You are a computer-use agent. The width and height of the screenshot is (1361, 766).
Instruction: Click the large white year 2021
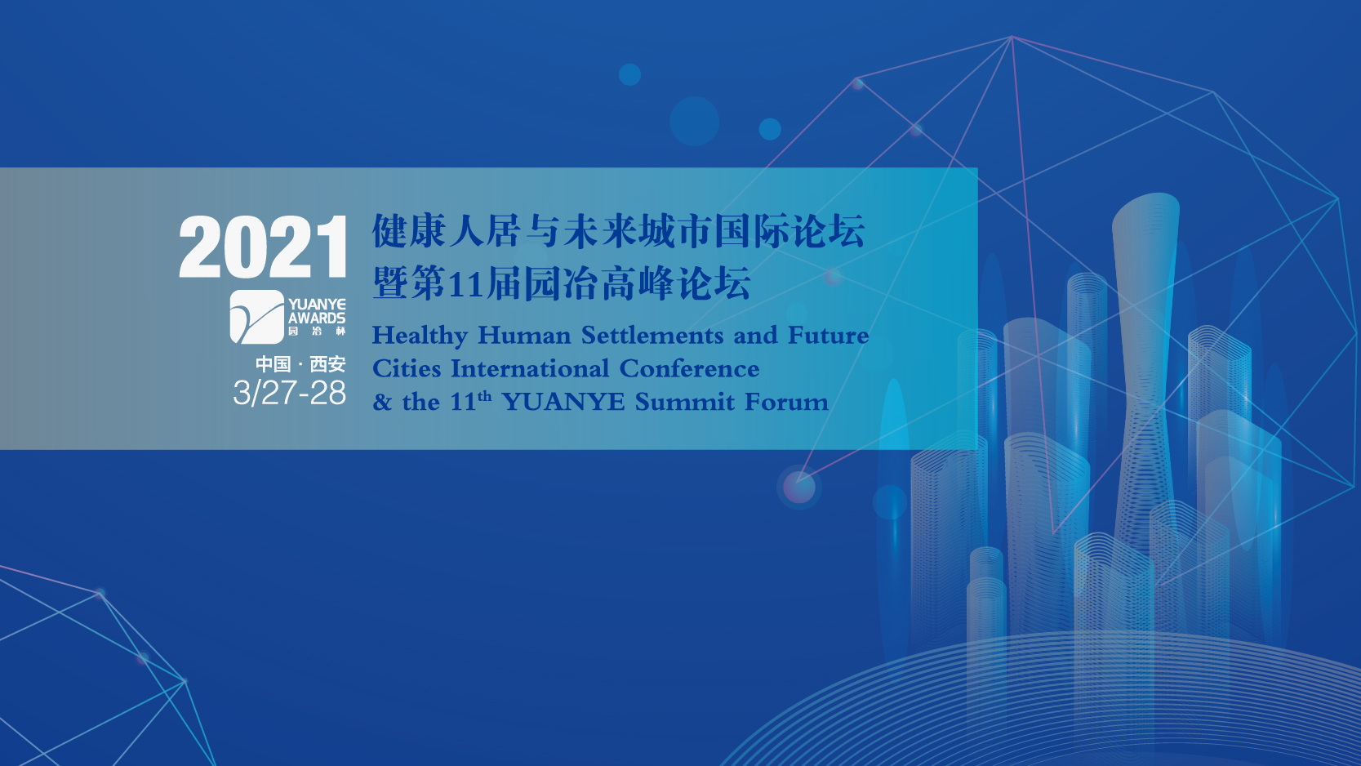(x=262, y=247)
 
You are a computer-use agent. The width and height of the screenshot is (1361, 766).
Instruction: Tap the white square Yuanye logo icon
(x=257, y=317)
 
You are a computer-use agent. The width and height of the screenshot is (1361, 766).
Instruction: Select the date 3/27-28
(x=289, y=393)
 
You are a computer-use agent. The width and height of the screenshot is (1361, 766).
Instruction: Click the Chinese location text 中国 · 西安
(x=300, y=364)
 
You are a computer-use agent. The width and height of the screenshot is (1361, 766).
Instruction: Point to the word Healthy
(x=420, y=336)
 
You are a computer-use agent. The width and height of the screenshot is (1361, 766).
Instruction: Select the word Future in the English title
(x=828, y=336)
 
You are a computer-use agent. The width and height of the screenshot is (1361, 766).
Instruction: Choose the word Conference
(x=689, y=369)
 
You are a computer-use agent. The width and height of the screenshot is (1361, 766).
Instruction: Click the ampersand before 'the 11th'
(x=381, y=403)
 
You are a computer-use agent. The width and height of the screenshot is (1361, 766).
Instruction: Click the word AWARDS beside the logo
(x=317, y=318)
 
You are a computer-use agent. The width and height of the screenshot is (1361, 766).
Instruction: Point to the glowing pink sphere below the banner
(x=799, y=487)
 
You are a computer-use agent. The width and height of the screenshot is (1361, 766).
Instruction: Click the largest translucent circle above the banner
(x=695, y=121)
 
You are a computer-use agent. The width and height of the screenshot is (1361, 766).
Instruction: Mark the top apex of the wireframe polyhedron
(x=1012, y=37)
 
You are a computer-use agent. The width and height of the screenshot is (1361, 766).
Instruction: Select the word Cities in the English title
(x=406, y=369)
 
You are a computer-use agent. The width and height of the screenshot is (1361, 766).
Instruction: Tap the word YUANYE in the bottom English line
(x=563, y=403)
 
